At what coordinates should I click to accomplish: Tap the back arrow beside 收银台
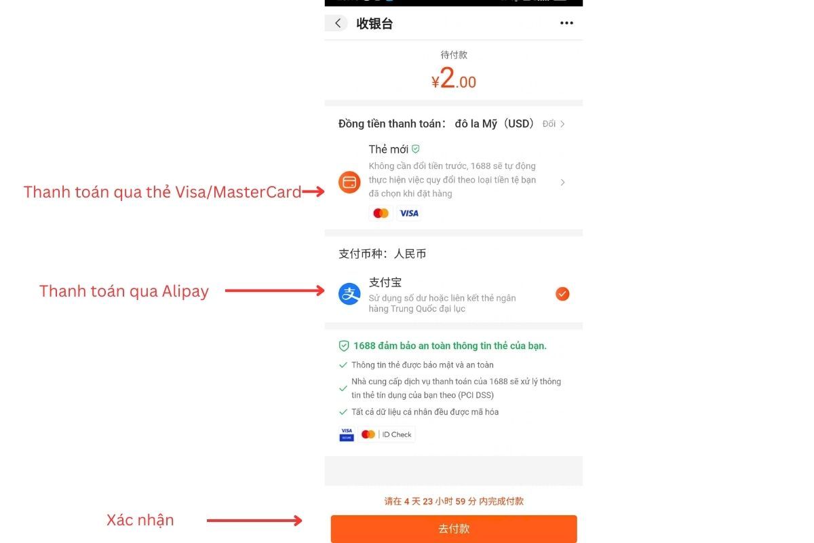click(338, 24)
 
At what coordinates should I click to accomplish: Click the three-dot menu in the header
click(566, 24)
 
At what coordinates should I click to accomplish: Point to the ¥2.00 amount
click(454, 80)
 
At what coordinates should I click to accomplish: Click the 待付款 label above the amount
click(454, 55)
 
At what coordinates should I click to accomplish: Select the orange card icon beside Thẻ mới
click(349, 182)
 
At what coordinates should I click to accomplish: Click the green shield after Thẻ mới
click(416, 149)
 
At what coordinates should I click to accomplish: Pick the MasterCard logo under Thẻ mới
click(381, 213)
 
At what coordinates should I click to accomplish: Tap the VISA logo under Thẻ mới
click(409, 213)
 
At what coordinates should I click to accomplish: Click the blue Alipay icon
click(349, 294)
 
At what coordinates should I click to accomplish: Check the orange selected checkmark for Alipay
click(562, 294)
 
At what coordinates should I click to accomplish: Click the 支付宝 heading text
click(385, 282)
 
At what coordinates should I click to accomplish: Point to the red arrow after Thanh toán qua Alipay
click(275, 291)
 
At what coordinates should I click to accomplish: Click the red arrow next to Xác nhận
click(254, 521)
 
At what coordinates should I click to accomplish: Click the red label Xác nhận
click(140, 520)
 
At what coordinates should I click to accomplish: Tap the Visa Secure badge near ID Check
click(347, 434)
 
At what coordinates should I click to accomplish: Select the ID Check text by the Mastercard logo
click(397, 434)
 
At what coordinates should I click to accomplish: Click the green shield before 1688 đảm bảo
click(344, 345)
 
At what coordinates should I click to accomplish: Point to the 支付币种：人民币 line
click(383, 254)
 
